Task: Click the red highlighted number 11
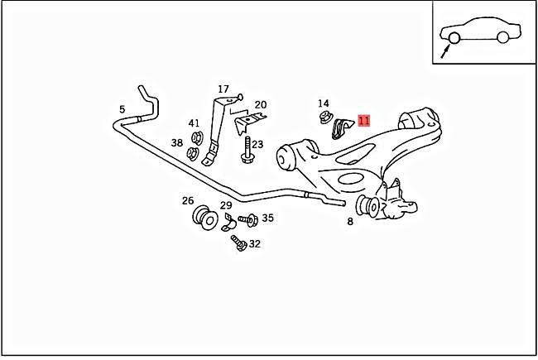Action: coord(363,121)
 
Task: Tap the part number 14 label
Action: coord(324,103)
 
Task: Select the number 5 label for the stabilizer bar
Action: coord(122,109)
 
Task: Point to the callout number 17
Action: coord(223,89)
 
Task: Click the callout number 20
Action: coord(260,104)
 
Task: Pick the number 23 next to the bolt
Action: coord(257,144)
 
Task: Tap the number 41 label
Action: coord(194,123)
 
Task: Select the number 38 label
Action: coord(177,143)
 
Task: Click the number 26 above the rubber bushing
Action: coord(188,200)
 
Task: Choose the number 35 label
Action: coord(267,218)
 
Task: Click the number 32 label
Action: coord(254,244)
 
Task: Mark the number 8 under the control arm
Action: coord(350,222)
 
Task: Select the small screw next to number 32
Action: coord(238,242)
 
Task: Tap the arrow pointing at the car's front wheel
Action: coord(447,53)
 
